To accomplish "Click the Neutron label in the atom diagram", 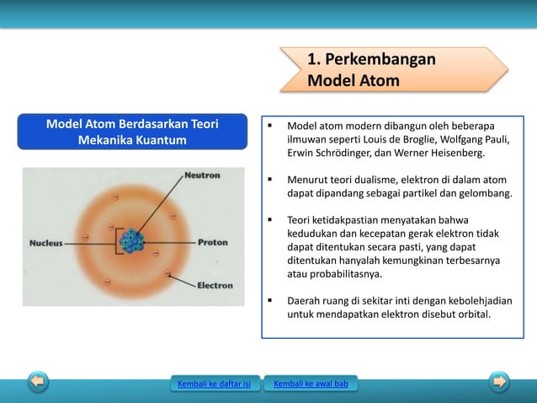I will pyautogui.click(x=203, y=175).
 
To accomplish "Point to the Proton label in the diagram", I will pyautogui.click(x=212, y=242).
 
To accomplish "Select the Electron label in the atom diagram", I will pyautogui.click(x=215, y=285).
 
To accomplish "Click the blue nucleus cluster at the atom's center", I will pyautogui.click(x=131, y=241).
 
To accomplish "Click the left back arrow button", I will pyautogui.click(x=38, y=382).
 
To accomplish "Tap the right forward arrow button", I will pyautogui.click(x=500, y=382).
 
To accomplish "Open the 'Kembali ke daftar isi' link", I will pyautogui.click(x=214, y=385).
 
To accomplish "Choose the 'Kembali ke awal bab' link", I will pyautogui.click(x=311, y=385).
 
